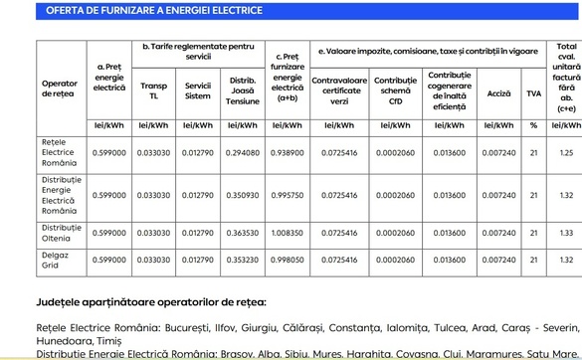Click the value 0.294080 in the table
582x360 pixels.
point(244,153)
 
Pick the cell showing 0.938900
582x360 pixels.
point(288,153)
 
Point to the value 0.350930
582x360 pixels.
point(244,197)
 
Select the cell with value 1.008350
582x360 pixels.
point(288,232)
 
